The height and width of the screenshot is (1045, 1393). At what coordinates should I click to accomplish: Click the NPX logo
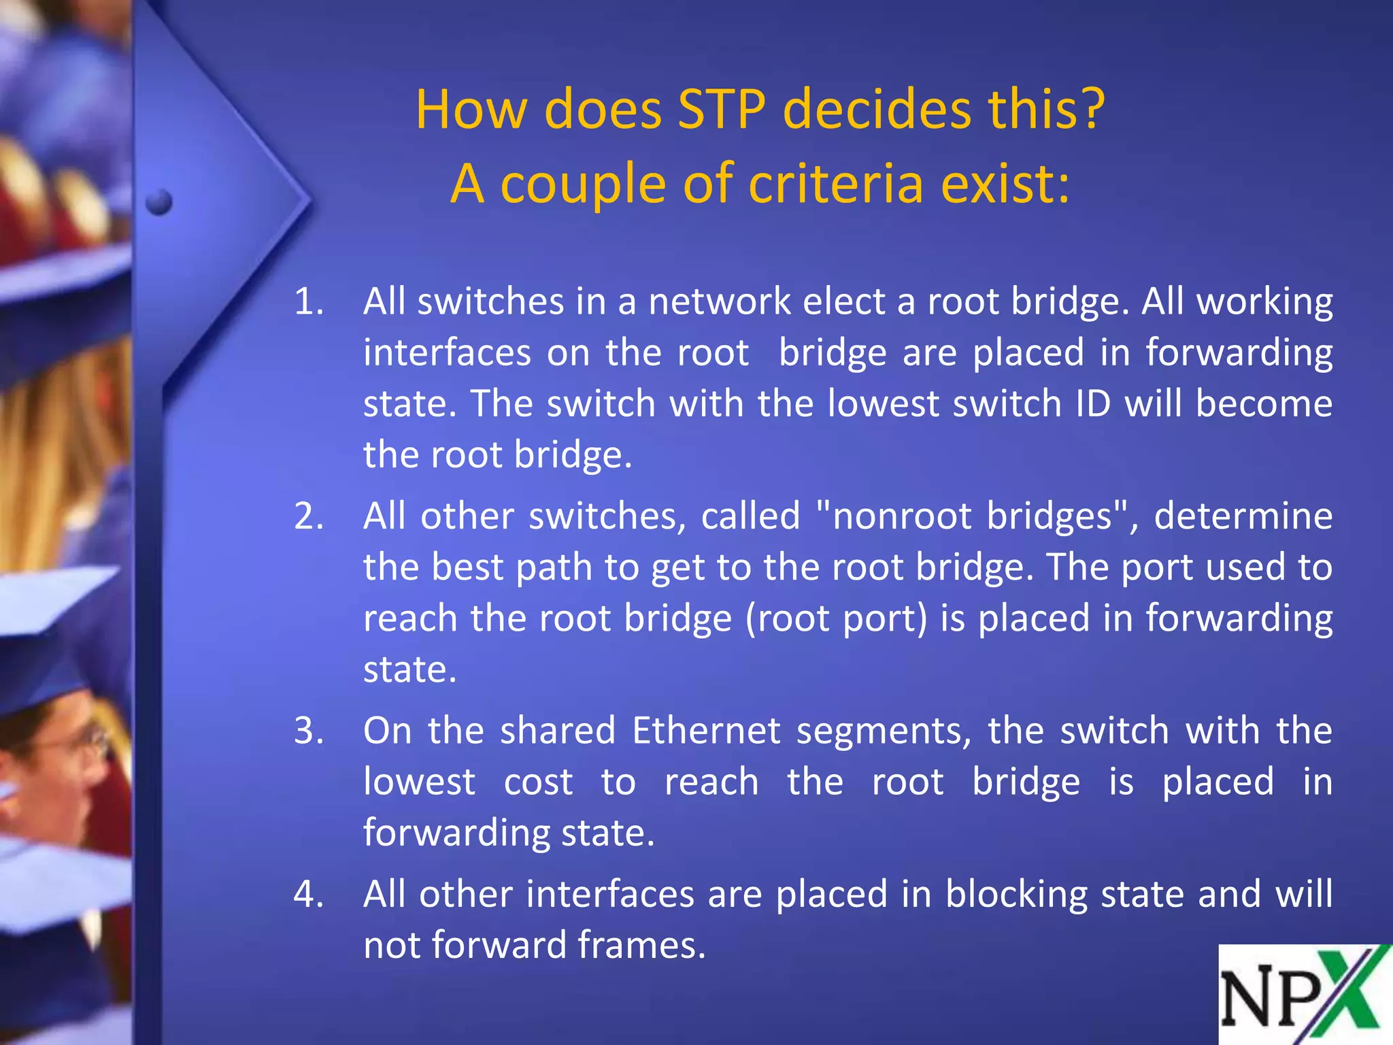(x=1305, y=995)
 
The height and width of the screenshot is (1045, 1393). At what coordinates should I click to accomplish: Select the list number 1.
(x=308, y=301)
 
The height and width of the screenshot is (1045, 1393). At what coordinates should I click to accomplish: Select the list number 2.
(x=308, y=516)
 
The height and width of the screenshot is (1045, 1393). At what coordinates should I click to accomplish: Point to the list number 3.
(x=308, y=731)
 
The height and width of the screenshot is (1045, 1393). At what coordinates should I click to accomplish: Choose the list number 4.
(x=308, y=894)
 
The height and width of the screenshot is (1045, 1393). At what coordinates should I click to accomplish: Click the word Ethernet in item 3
(x=706, y=731)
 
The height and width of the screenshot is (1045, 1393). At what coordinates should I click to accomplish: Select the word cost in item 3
(x=538, y=782)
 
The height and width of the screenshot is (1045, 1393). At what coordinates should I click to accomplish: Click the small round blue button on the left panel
(x=158, y=201)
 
